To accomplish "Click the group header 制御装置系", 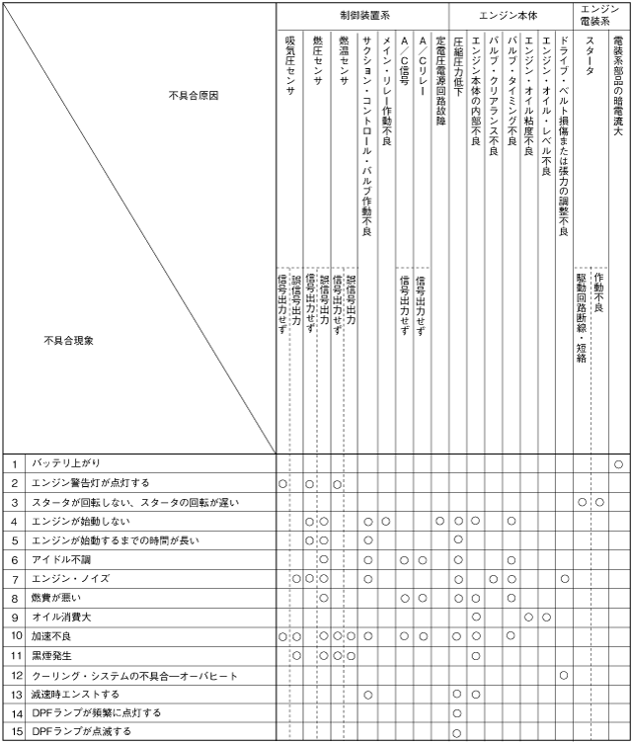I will (x=362, y=16).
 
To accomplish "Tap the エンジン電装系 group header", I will (x=602, y=14).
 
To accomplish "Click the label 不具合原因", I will (x=194, y=96).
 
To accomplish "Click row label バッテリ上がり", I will (x=66, y=463).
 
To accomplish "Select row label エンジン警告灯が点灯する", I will (x=91, y=483).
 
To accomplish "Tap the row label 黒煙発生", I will (x=55, y=655).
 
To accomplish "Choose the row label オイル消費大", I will (x=61, y=617).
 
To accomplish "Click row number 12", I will (x=15, y=675).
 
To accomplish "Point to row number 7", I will (x=15, y=579).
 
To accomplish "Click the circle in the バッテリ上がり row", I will (x=619, y=463).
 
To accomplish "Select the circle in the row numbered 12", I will (x=564, y=675).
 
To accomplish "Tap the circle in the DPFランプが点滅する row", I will (x=458, y=732).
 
